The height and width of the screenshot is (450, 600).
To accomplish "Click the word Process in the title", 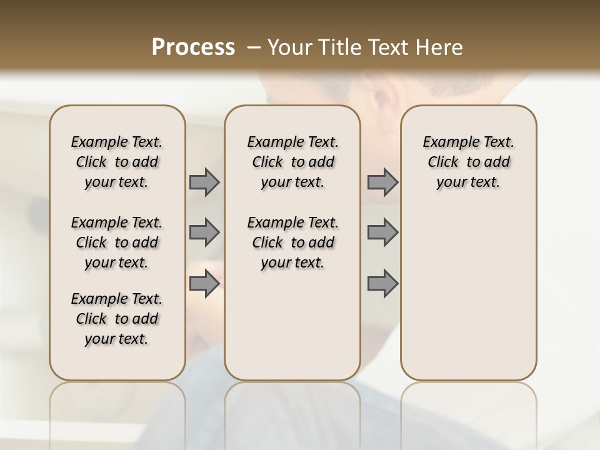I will (x=192, y=47).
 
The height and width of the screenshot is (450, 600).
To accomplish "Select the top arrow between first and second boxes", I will (x=204, y=182).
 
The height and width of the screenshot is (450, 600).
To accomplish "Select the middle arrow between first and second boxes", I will (x=204, y=232).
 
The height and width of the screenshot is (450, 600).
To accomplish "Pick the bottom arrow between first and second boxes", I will (x=204, y=284).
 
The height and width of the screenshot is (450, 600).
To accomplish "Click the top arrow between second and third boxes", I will (x=382, y=182).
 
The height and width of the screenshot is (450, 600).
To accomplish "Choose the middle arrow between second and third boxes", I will (x=382, y=232).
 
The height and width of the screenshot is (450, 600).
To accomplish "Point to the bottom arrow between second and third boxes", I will (x=382, y=284).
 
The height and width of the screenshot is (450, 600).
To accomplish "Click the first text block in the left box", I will (x=117, y=162).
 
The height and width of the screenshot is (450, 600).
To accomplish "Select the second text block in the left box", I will (x=117, y=242).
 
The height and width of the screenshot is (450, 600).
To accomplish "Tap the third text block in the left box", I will (x=117, y=319).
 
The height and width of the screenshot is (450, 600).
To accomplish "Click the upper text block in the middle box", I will (x=292, y=162).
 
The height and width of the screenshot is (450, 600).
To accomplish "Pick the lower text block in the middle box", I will (x=292, y=242).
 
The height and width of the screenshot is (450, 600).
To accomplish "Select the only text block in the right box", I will (x=468, y=162).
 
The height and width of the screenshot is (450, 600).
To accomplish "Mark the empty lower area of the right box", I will (x=468, y=294).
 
